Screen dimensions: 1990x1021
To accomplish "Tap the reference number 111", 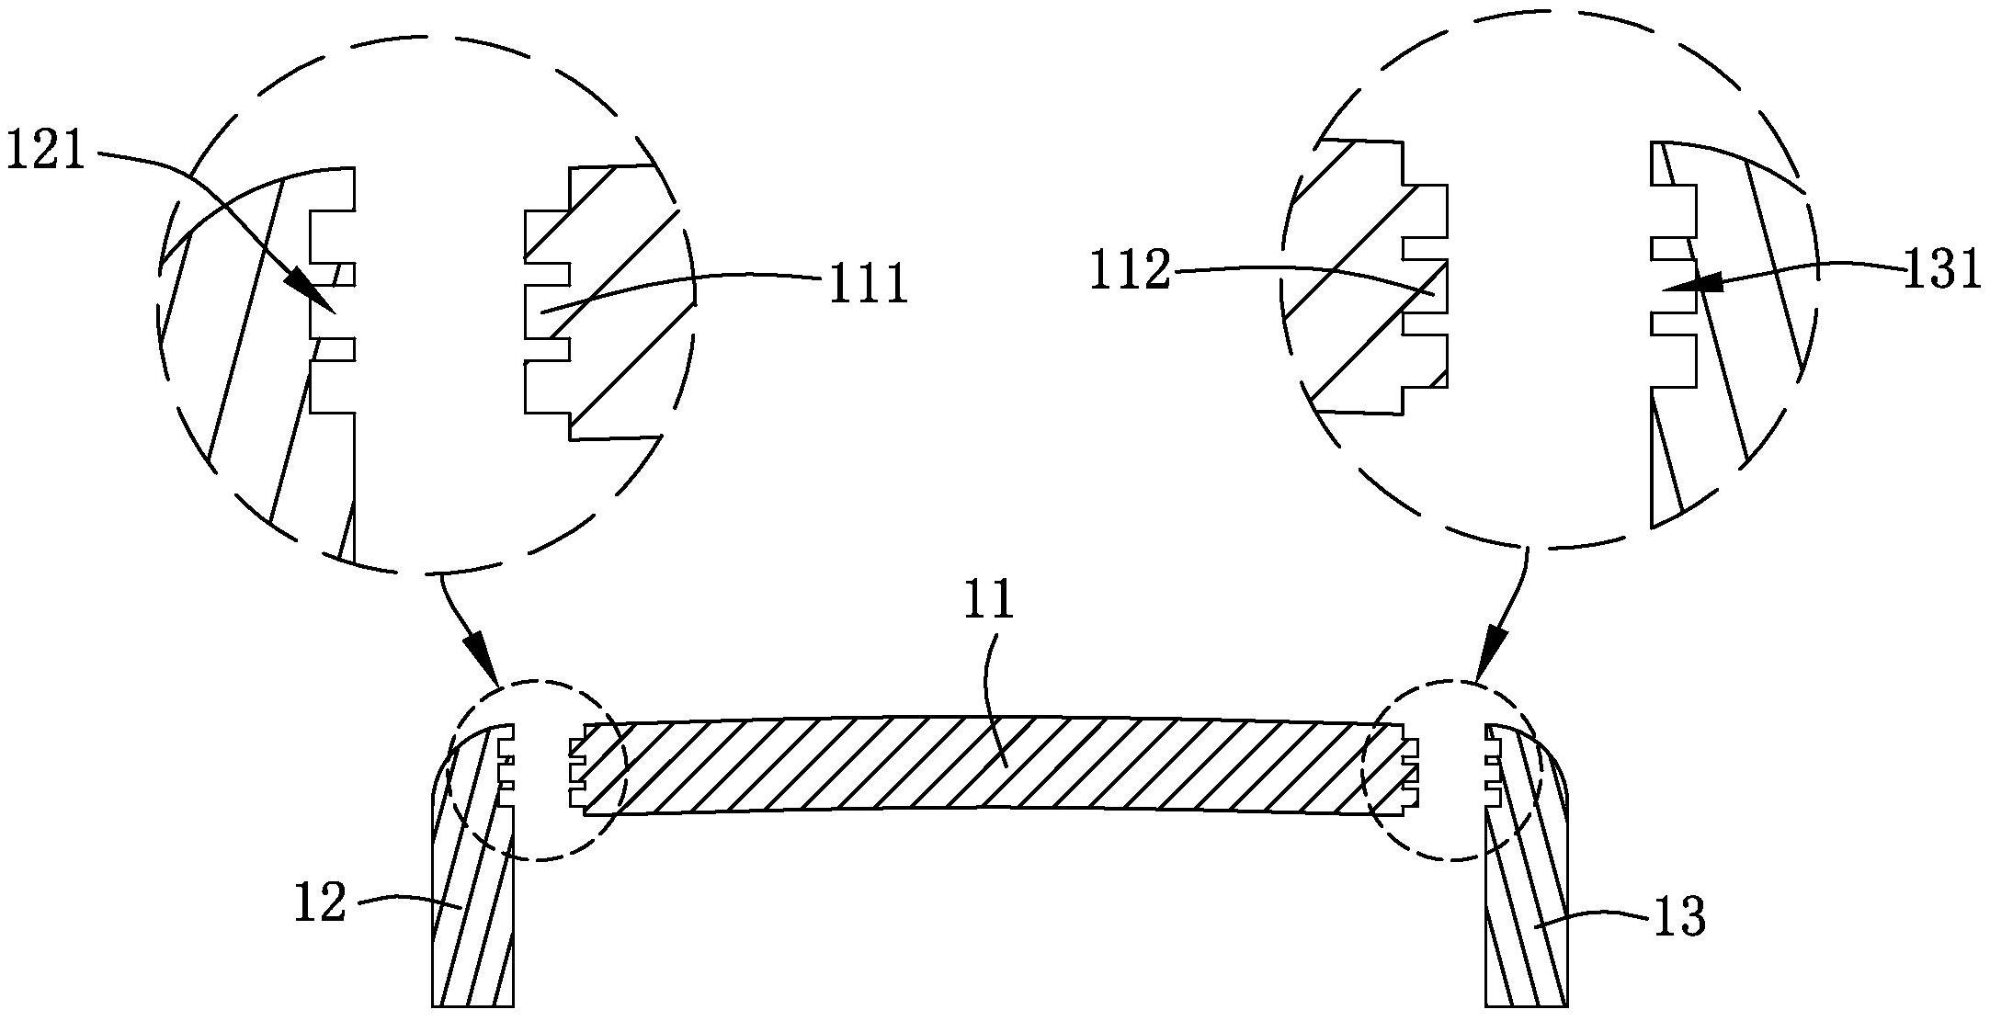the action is pos(868,284).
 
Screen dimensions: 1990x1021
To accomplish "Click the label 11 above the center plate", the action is pos(988,600).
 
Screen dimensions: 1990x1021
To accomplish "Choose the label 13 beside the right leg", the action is pos(1679,917).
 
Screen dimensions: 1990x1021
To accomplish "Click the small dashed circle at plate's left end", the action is pos(536,770).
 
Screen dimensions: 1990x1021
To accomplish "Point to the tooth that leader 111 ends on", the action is pos(546,312).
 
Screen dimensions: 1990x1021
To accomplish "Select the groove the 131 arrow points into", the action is pos(1673,288).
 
